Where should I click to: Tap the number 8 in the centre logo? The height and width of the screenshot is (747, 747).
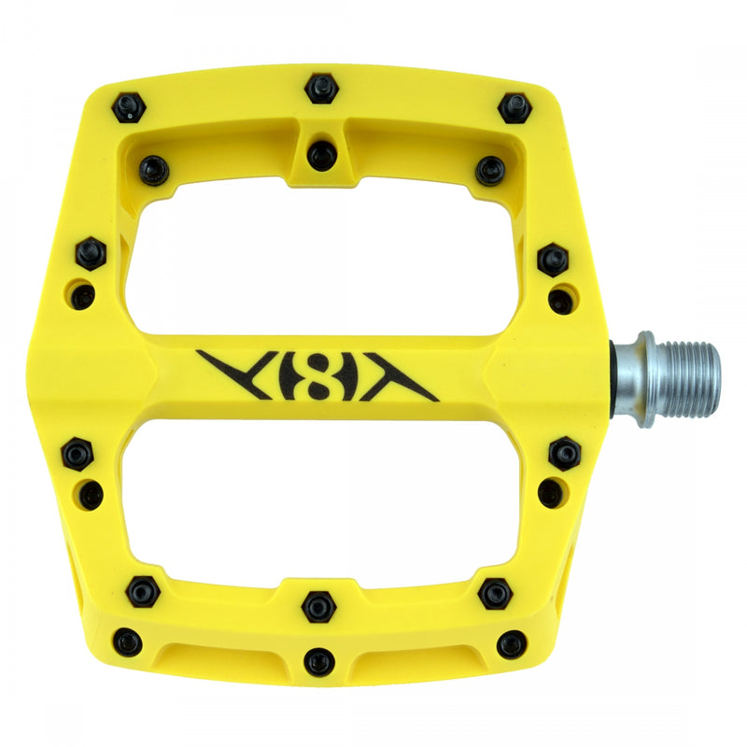pyautogui.click(x=316, y=373)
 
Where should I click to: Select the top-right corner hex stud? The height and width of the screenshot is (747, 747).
pyautogui.click(x=514, y=106)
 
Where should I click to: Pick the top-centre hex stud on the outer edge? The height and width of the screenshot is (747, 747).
pyautogui.click(x=321, y=89)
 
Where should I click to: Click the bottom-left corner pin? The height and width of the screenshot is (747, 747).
pyautogui.click(x=128, y=642)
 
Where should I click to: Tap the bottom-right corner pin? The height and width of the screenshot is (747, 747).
pyautogui.click(x=512, y=644)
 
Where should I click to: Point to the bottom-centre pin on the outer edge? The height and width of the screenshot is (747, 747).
pyautogui.click(x=319, y=661)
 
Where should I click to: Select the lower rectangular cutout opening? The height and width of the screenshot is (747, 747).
pyautogui.click(x=322, y=500)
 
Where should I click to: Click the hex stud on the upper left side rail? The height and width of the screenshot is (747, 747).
pyautogui.click(x=91, y=253)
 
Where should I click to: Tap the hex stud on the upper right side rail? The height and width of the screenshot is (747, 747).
pyautogui.click(x=553, y=259)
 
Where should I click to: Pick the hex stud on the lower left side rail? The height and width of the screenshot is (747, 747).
pyautogui.click(x=77, y=455)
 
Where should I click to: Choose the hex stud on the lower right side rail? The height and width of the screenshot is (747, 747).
pyautogui.click(x=564, y=453)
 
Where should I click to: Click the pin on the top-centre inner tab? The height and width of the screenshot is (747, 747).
pyautogui.click(x=322, y=153)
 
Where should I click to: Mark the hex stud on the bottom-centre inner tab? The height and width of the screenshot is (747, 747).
pyautogui.click(x=318, y=607)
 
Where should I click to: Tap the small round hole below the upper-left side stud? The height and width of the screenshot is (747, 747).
pyautogui.click(x=84, y=297)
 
